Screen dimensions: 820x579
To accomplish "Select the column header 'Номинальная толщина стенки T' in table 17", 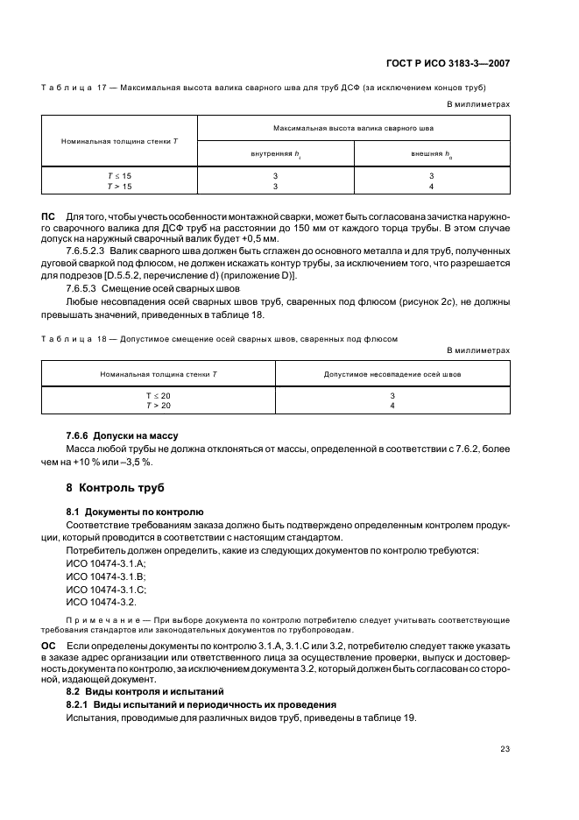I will tap(120, 141).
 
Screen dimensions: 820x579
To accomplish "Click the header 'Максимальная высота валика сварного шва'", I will tap(354, 128).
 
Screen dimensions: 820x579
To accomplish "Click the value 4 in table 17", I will tap(432, 186).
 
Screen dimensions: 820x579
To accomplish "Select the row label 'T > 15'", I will tap(119, 186).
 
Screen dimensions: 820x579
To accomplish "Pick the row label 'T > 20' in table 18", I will tap(159, 406).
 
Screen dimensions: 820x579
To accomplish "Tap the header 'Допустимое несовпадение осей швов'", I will tap(392, 374).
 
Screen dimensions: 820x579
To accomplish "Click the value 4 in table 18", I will tap(392, 406).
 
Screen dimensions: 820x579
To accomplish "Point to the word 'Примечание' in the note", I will tap(95, 620).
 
